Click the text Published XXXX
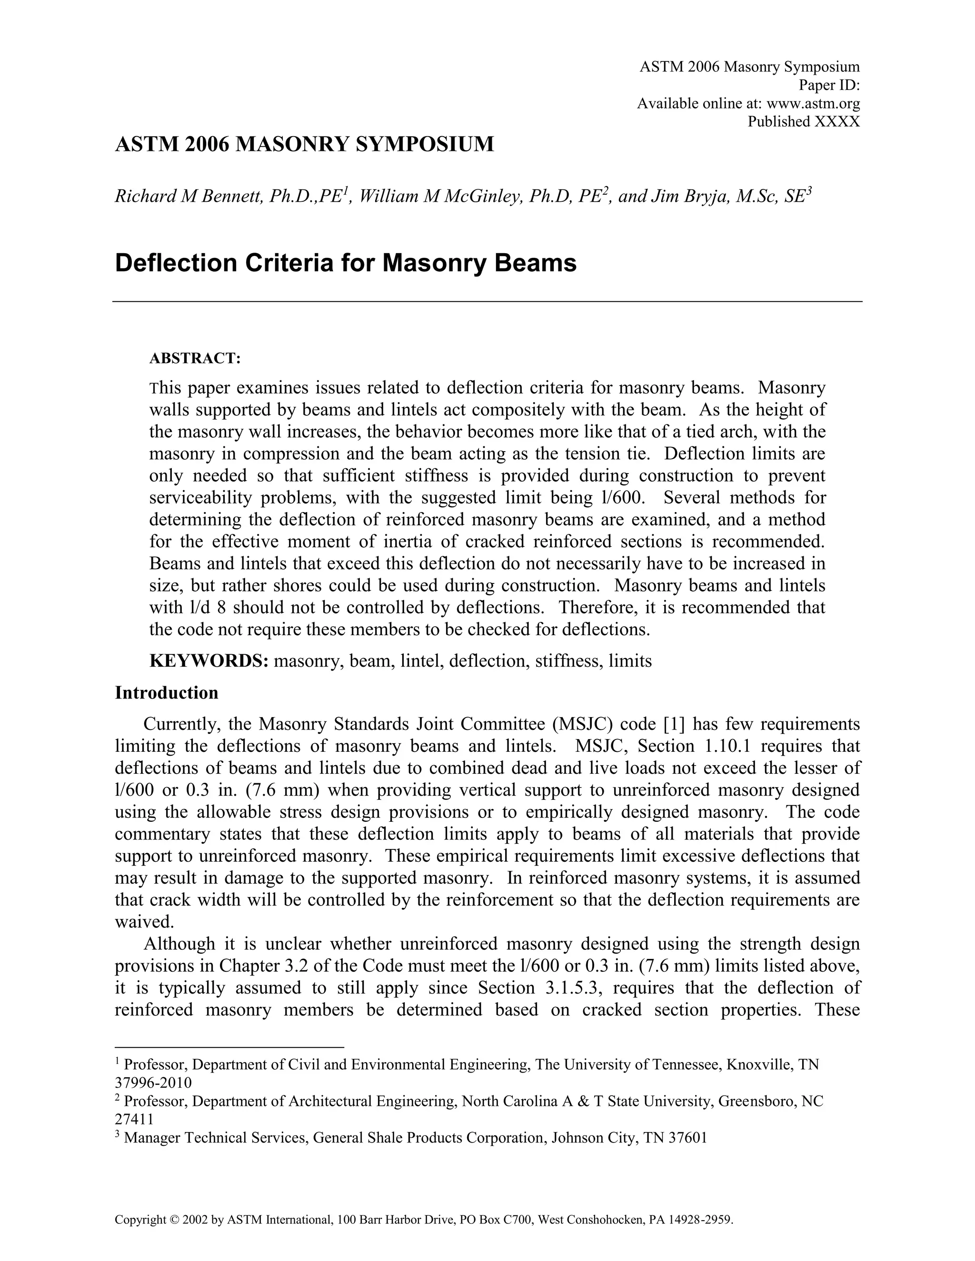click(804, 122)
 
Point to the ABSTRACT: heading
click(195, 359)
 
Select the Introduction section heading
click(166, 693)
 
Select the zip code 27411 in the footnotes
click(134, 1120)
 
